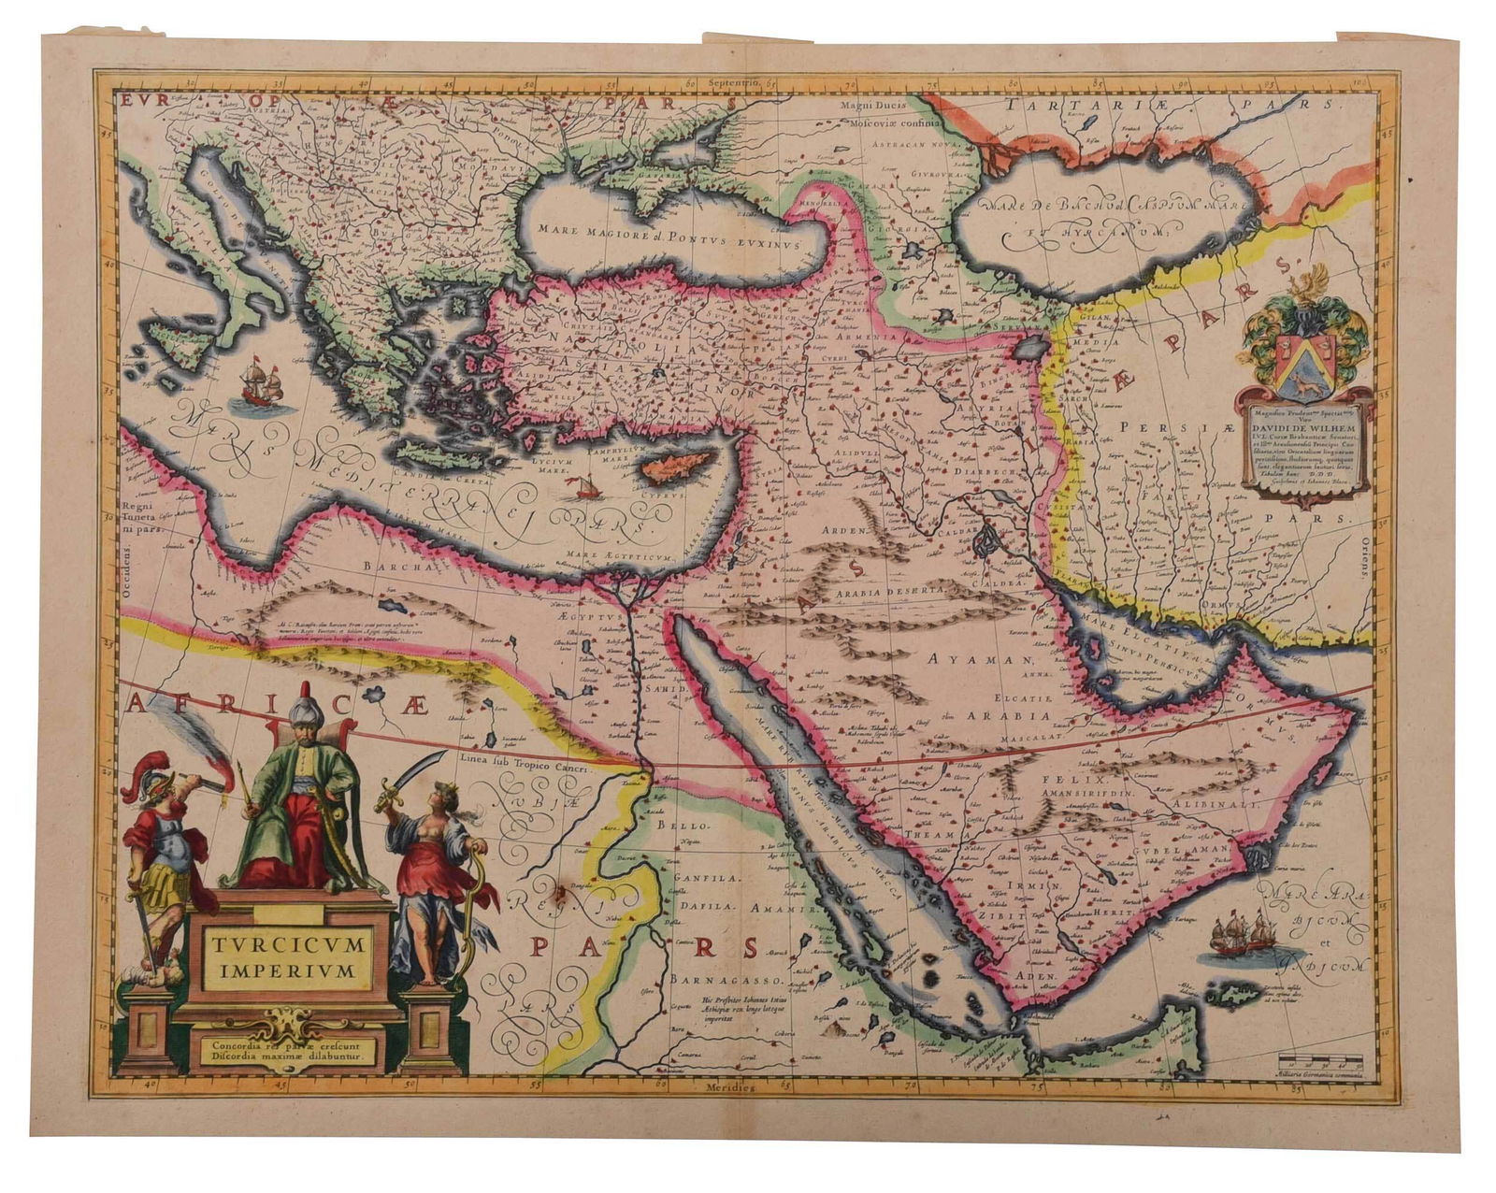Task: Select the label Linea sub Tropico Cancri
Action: click(x=524, y=761)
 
